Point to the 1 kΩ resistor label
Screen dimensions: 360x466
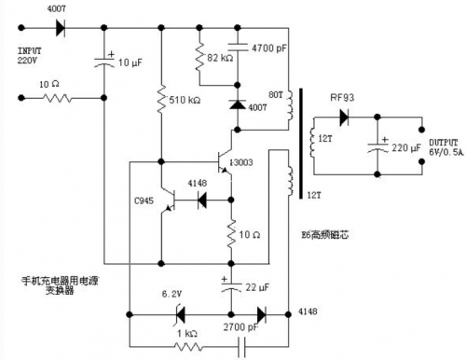[x=186, y=332]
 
